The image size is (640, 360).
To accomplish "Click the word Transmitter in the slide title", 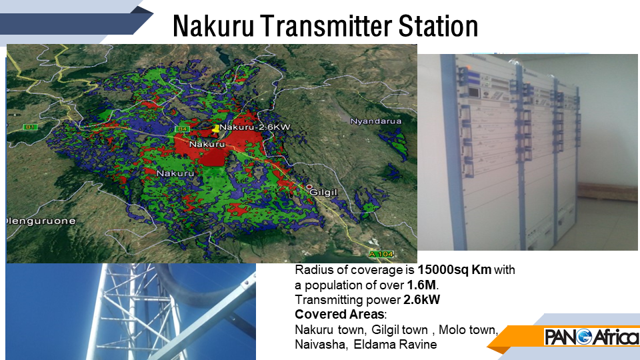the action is click(x=325, y=26).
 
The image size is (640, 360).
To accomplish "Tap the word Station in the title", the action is click(x=438, y=26).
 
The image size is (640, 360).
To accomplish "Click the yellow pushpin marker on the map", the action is click(x=215, y=129).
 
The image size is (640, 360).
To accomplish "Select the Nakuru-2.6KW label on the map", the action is click(x=255, y=127).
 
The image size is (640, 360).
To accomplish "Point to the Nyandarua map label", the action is click(x=376, y=121).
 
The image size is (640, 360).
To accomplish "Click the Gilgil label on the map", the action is click(x=323, y=192).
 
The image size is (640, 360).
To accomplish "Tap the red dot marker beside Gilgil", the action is click(x=309, y=187).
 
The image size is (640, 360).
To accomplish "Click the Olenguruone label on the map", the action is click(x=41, y=221).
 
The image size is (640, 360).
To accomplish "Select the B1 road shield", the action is click(x=30, y=127).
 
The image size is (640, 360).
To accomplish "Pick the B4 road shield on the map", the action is click(x=182, y=129).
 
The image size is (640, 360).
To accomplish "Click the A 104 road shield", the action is click(x=381, y=254).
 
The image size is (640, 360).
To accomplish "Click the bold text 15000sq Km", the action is click(x=454, y=270).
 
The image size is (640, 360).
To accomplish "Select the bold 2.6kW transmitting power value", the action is click(x=421, y=299).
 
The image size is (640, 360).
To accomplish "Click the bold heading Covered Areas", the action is click(x=339, y=314).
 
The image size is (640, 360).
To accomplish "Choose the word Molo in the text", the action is click(x=451, y=329).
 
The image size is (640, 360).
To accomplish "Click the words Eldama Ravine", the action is click(x=395, y=344).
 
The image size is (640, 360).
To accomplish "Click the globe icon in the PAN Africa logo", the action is click(x=585, y=337).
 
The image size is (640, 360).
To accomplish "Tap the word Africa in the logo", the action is click(x=616, y=337).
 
